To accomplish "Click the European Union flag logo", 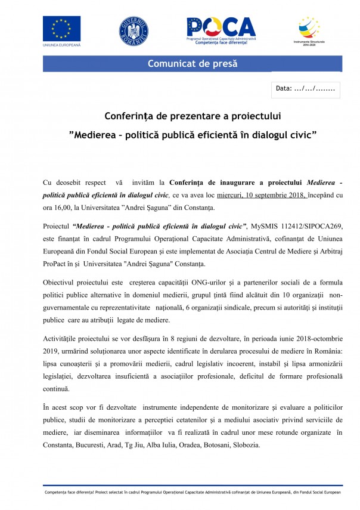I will (x=61, y=28).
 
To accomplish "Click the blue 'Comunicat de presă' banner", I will (x=192, y=63).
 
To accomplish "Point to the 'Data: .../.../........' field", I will (x=305, y=89).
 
